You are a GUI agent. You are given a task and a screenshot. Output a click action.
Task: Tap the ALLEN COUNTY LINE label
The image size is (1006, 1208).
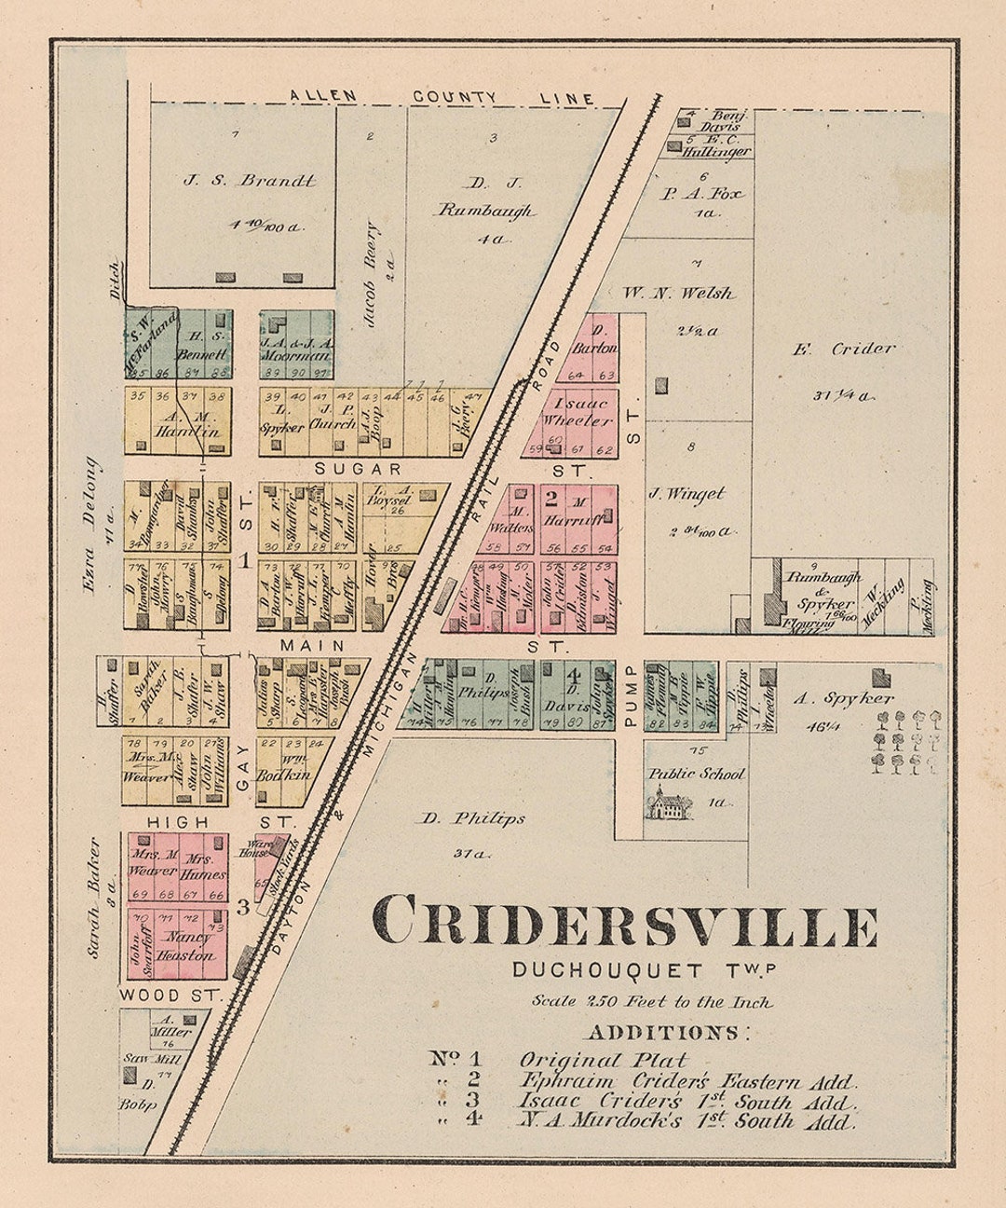point(441,96)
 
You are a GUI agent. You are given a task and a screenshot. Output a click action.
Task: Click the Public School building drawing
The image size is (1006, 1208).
point(671,803)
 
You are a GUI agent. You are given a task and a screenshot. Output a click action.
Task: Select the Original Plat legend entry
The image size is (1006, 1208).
point(603,1060)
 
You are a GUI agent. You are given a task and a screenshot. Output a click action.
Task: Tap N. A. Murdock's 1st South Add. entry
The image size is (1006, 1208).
point(686,1121)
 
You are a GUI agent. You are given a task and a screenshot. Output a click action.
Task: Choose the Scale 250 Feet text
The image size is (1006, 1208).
point(652,1002)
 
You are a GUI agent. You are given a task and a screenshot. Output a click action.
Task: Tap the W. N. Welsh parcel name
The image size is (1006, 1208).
point(691,294)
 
